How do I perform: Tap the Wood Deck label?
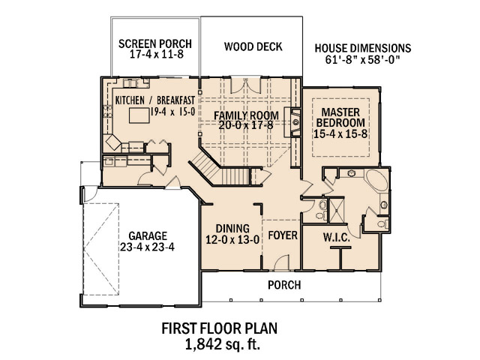click(x=253, y=46)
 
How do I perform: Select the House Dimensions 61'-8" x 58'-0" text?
click(x=363, y=53)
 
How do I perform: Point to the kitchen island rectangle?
click(x=139, y=115)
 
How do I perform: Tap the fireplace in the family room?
click(x=292, y=122)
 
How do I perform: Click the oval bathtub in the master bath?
click(x=377, y=180)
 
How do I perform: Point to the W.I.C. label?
click(x=337, y=238)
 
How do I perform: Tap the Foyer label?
click(x=283, y=235)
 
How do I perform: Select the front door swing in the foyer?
click(x=280, y=262)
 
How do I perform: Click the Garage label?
click(x=148, y=236)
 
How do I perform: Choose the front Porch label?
click(x=284, y=285)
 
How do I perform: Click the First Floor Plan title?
click(x=220, y=328)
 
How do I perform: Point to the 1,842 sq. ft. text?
click(x=223, y=344)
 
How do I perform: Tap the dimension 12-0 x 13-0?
click(x=232, y=239)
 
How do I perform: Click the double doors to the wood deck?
click(x=245, y=85)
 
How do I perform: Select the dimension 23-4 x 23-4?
click(x=147, y=247)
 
